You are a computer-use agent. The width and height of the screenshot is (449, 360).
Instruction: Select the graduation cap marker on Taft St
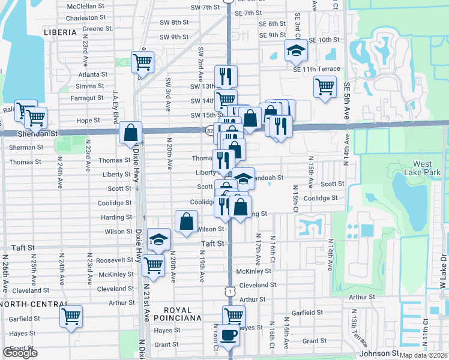(x=158, y=241)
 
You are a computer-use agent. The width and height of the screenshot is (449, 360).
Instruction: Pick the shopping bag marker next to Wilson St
(x=186, y=221)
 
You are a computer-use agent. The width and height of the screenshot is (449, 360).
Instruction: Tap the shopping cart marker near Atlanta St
(x=143, y=62)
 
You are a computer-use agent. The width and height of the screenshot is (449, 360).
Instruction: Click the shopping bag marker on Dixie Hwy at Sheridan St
(x=130, y=133)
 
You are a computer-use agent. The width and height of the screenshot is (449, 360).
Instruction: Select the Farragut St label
(x=87, y=97)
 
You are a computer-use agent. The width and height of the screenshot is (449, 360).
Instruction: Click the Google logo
(x=20, y=353)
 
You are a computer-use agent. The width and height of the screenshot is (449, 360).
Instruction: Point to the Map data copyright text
(x=423, y=355)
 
